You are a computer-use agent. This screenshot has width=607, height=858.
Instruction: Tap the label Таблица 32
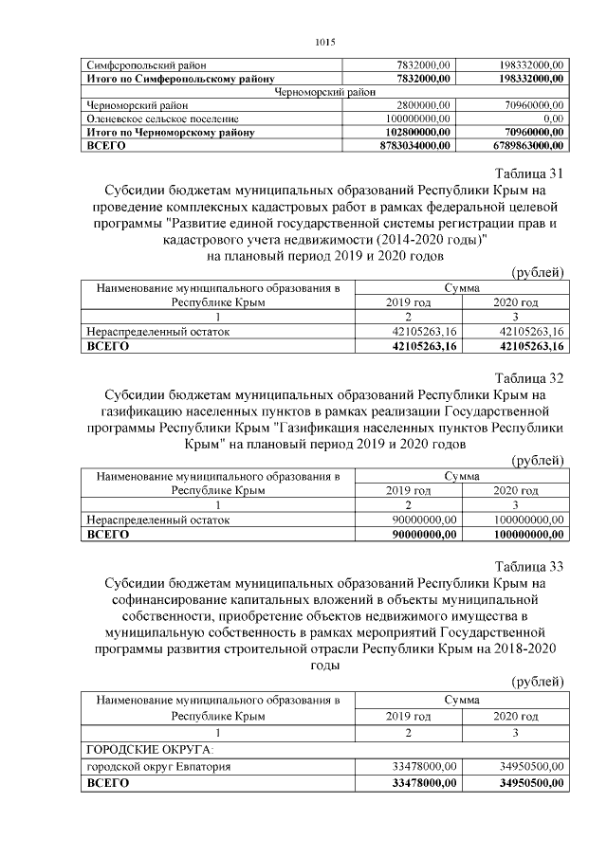tap(529, 377)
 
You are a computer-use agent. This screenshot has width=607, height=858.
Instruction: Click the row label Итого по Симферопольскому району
tap(181, 78)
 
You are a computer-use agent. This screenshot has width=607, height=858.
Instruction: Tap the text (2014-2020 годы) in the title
tap(420, 240)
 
